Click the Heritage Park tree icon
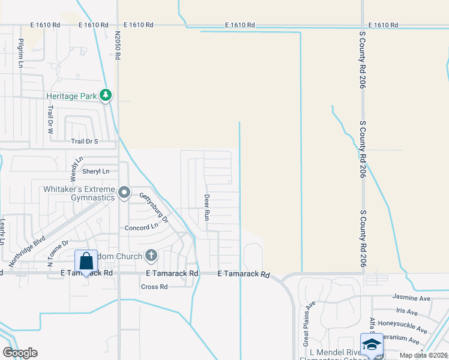point(106,95)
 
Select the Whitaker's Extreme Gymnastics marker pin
point(124,192)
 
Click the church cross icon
point(151,256)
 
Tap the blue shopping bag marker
point(86,261)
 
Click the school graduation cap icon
point(372,344)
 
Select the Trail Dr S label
point(84,142)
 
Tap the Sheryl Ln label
point(96,171)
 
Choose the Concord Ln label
point(141,228)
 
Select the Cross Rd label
point(154,287)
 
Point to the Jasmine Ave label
point(412,297)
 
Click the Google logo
point(20,353)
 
